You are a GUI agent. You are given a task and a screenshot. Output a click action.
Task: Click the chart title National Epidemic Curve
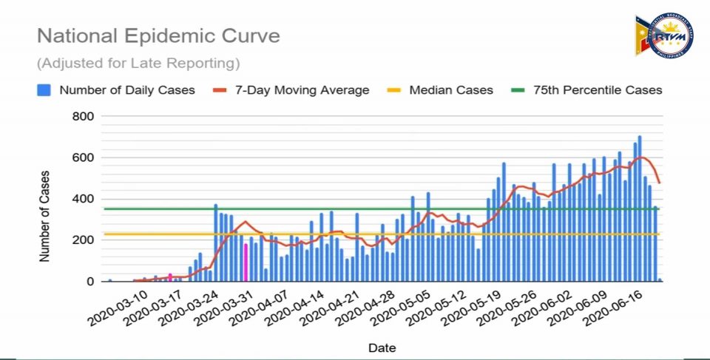[158, 35]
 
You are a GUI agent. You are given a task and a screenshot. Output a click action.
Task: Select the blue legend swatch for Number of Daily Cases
[44, 90]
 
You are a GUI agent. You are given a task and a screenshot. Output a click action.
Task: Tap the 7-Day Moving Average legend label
[302, 90]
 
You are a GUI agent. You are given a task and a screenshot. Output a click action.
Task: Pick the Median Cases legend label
[450, 90]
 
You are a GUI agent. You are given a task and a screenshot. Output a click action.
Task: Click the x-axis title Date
[382, 347]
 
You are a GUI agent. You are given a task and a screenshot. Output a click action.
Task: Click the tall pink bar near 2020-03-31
[246, 263]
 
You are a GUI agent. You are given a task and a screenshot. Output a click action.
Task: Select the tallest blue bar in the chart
[640, 208]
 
